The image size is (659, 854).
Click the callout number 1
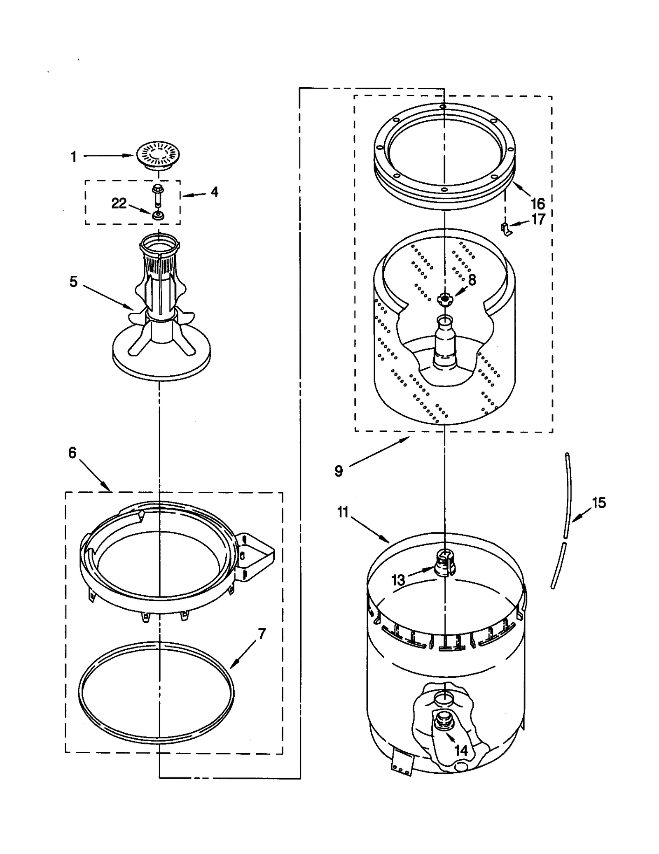(74, 157)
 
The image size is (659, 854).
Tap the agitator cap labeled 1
(157, 154)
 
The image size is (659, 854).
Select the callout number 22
(119, 203)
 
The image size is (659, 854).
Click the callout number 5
(73, 282)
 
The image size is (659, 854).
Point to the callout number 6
(72, 453)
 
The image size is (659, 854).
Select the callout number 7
(262, 633)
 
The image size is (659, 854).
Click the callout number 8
(472, 280)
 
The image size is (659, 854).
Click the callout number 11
(343, 512)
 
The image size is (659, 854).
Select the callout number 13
(398, 580)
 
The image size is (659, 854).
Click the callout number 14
(461, 750)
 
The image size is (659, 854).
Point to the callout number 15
(599, 503)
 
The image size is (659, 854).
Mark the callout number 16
(538, 204)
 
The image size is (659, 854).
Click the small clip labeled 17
(506, 229)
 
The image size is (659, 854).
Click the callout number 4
(215, 192)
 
